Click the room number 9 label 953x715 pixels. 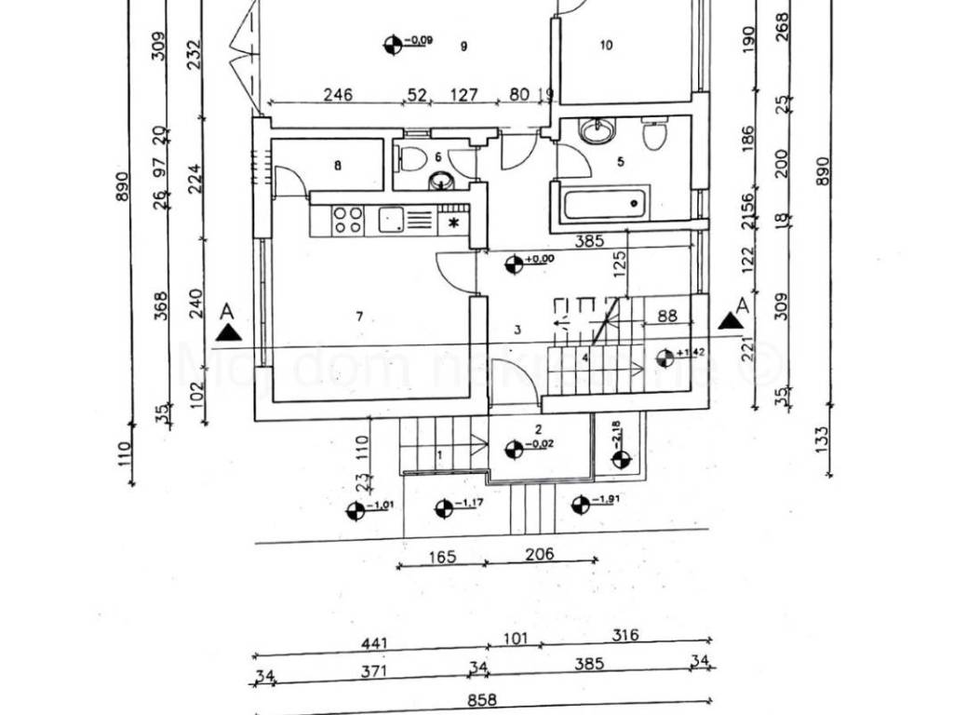tap(463, 46)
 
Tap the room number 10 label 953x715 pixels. tap(607, 46)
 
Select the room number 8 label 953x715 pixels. tap(338, 166)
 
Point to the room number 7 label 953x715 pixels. tap(360, 317)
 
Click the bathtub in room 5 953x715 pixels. tap(601, 200)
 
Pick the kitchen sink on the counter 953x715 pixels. tap(390, 220)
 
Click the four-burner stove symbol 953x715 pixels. tap(348, 220)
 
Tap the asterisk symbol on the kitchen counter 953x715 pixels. tap(454, 222)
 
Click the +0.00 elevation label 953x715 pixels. tap(541, 259)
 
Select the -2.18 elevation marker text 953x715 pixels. tap(616, 435)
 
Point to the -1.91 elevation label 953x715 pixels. tap(609, 499)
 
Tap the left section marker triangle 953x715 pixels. tap(227, 332)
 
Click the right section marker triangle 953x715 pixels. tap(732, 321)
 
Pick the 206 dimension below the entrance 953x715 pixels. tap(539, 554)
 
